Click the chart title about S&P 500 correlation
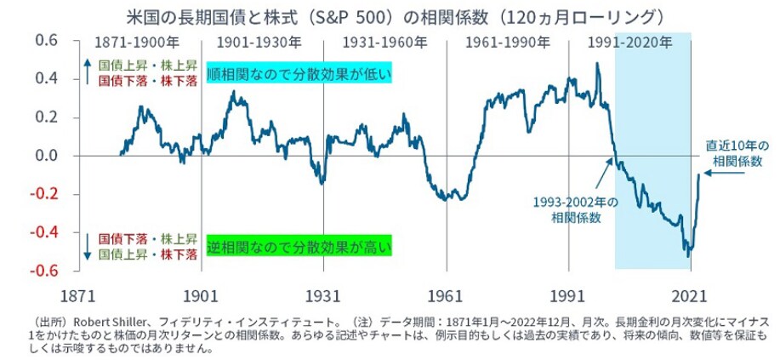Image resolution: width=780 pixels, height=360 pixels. click(389, 16)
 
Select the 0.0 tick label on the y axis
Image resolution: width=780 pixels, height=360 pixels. click(45, 156)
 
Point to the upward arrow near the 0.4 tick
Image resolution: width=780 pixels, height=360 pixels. click(87, 72)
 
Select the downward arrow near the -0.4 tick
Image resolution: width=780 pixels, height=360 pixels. click(87, 243)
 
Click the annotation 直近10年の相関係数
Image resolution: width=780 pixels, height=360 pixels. click(737, 151)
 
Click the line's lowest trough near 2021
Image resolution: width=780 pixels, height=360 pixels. click(687, 255)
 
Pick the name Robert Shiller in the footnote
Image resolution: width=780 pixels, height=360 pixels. click(103, 322)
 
